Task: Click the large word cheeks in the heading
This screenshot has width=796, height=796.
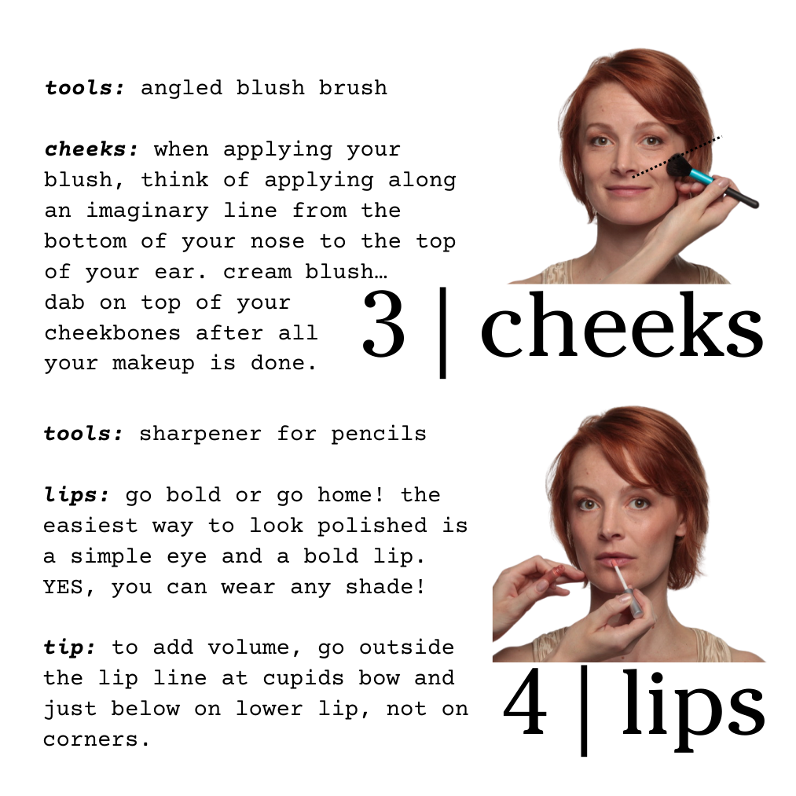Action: [x=621, y=328]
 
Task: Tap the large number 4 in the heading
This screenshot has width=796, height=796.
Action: [x=525, y=706]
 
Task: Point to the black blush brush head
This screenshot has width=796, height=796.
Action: [x=677, y=167]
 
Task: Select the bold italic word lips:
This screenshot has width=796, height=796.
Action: [x=77, y=495]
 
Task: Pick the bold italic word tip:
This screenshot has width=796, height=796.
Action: [x=70, y=647]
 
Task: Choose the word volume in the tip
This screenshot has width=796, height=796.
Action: [x=236, y=647]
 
